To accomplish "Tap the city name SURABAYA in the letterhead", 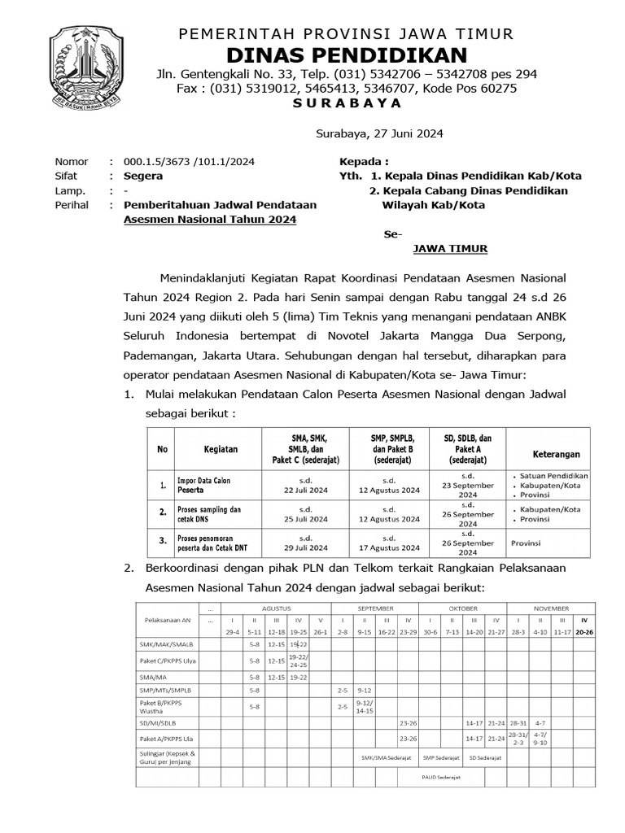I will tap(347, 103).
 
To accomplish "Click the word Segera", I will tap(143, 176).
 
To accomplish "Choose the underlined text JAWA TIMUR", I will tap(451, 249).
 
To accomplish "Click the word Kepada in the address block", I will tap(364, 161).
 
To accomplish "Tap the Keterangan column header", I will tap(556, 453).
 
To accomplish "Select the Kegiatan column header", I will tap(221, 448).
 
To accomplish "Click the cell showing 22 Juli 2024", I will tap(304, 491).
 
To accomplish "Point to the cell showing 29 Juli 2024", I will tap(304, 547).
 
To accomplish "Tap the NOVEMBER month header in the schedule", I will tap(551, 608).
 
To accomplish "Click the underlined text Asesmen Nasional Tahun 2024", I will tap(210, 220).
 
